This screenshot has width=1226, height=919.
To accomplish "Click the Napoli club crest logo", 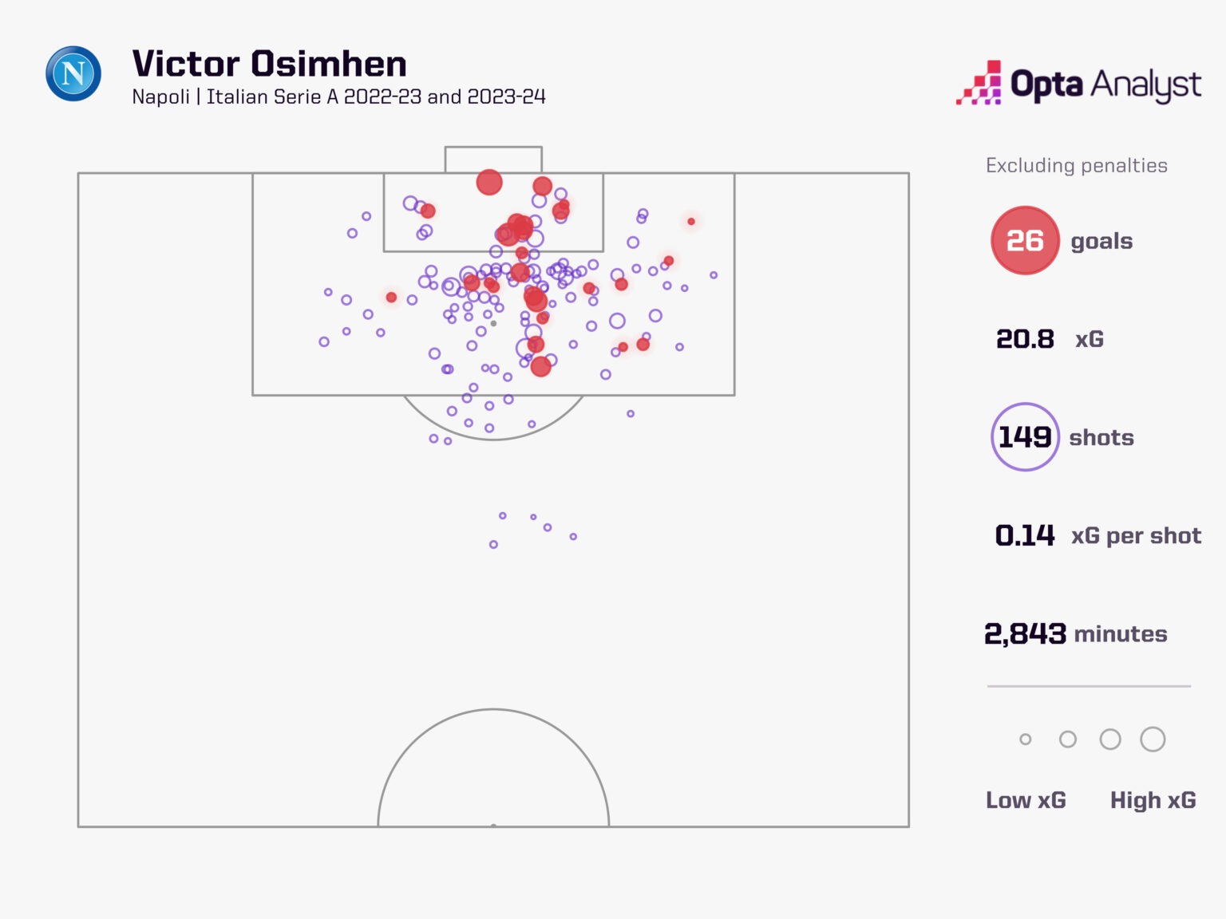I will coord(73,73).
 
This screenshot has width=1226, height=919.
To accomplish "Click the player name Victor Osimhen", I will coord(269,64).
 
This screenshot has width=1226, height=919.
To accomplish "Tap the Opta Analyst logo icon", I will coord(979,83).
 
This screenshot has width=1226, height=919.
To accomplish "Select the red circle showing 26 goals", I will coord(1025,240).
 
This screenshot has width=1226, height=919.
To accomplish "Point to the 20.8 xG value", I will coord(1025,339).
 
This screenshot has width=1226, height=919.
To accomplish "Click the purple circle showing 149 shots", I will coord(1025,437).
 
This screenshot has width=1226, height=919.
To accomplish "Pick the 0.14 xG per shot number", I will coord(1025,535).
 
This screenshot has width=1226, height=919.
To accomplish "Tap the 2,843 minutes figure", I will coord(1025,633).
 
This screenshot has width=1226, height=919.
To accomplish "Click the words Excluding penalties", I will coord(1076,165).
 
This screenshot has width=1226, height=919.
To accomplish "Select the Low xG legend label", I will coord(1026,800).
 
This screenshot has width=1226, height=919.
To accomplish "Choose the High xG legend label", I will coord(1153,800).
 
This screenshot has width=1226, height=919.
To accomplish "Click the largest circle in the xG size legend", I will coord(1153,740).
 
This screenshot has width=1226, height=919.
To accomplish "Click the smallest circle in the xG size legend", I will coord(1026,740).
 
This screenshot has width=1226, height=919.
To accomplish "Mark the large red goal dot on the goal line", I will coord(489,183).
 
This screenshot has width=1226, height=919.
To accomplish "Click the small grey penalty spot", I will coord(493,324).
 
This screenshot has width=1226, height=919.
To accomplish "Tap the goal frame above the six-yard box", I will coord(493,159).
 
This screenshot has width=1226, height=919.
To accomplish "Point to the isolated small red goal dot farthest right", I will coord(691,221).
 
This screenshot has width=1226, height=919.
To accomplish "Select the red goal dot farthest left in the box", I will coord(391,298).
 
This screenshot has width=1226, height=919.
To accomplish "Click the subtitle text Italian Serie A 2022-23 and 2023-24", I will coord(376,97).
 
